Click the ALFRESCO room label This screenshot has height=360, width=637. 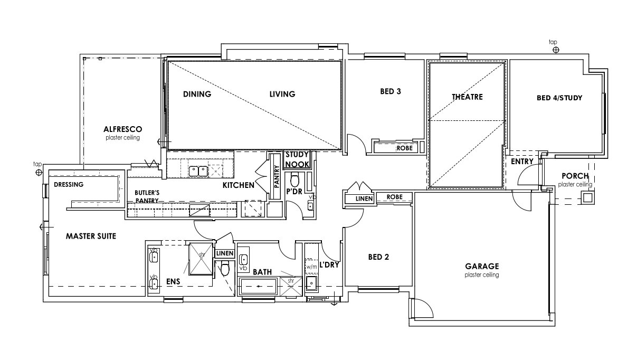coord(122,129)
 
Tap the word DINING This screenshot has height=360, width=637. coord(197,94)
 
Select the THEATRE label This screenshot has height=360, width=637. coord(467,97)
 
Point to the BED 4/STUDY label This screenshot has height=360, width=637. coord(559,98)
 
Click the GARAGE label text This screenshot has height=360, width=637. coord(482,267)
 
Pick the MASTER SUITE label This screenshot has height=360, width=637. coord(91,236)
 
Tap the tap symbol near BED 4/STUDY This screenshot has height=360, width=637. coord(556,50)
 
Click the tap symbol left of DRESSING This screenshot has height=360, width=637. coord(39,173)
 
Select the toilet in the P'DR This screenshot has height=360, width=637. coord(294,179)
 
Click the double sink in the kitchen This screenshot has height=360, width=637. coord(198,172)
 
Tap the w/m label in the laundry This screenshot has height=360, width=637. coord(311,267)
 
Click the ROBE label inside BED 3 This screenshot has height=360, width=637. coord(404,148)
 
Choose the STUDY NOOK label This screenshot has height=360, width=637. coord(297,159)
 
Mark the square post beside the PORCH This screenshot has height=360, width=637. coord(587,197)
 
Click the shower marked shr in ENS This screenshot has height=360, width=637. coord(201,259)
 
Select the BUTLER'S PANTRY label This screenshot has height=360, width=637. coord(147,196)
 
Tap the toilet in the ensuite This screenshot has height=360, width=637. coord(225,269)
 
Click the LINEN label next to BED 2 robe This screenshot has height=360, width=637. coord(364,199)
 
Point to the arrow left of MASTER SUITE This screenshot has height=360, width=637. coord(46,227)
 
